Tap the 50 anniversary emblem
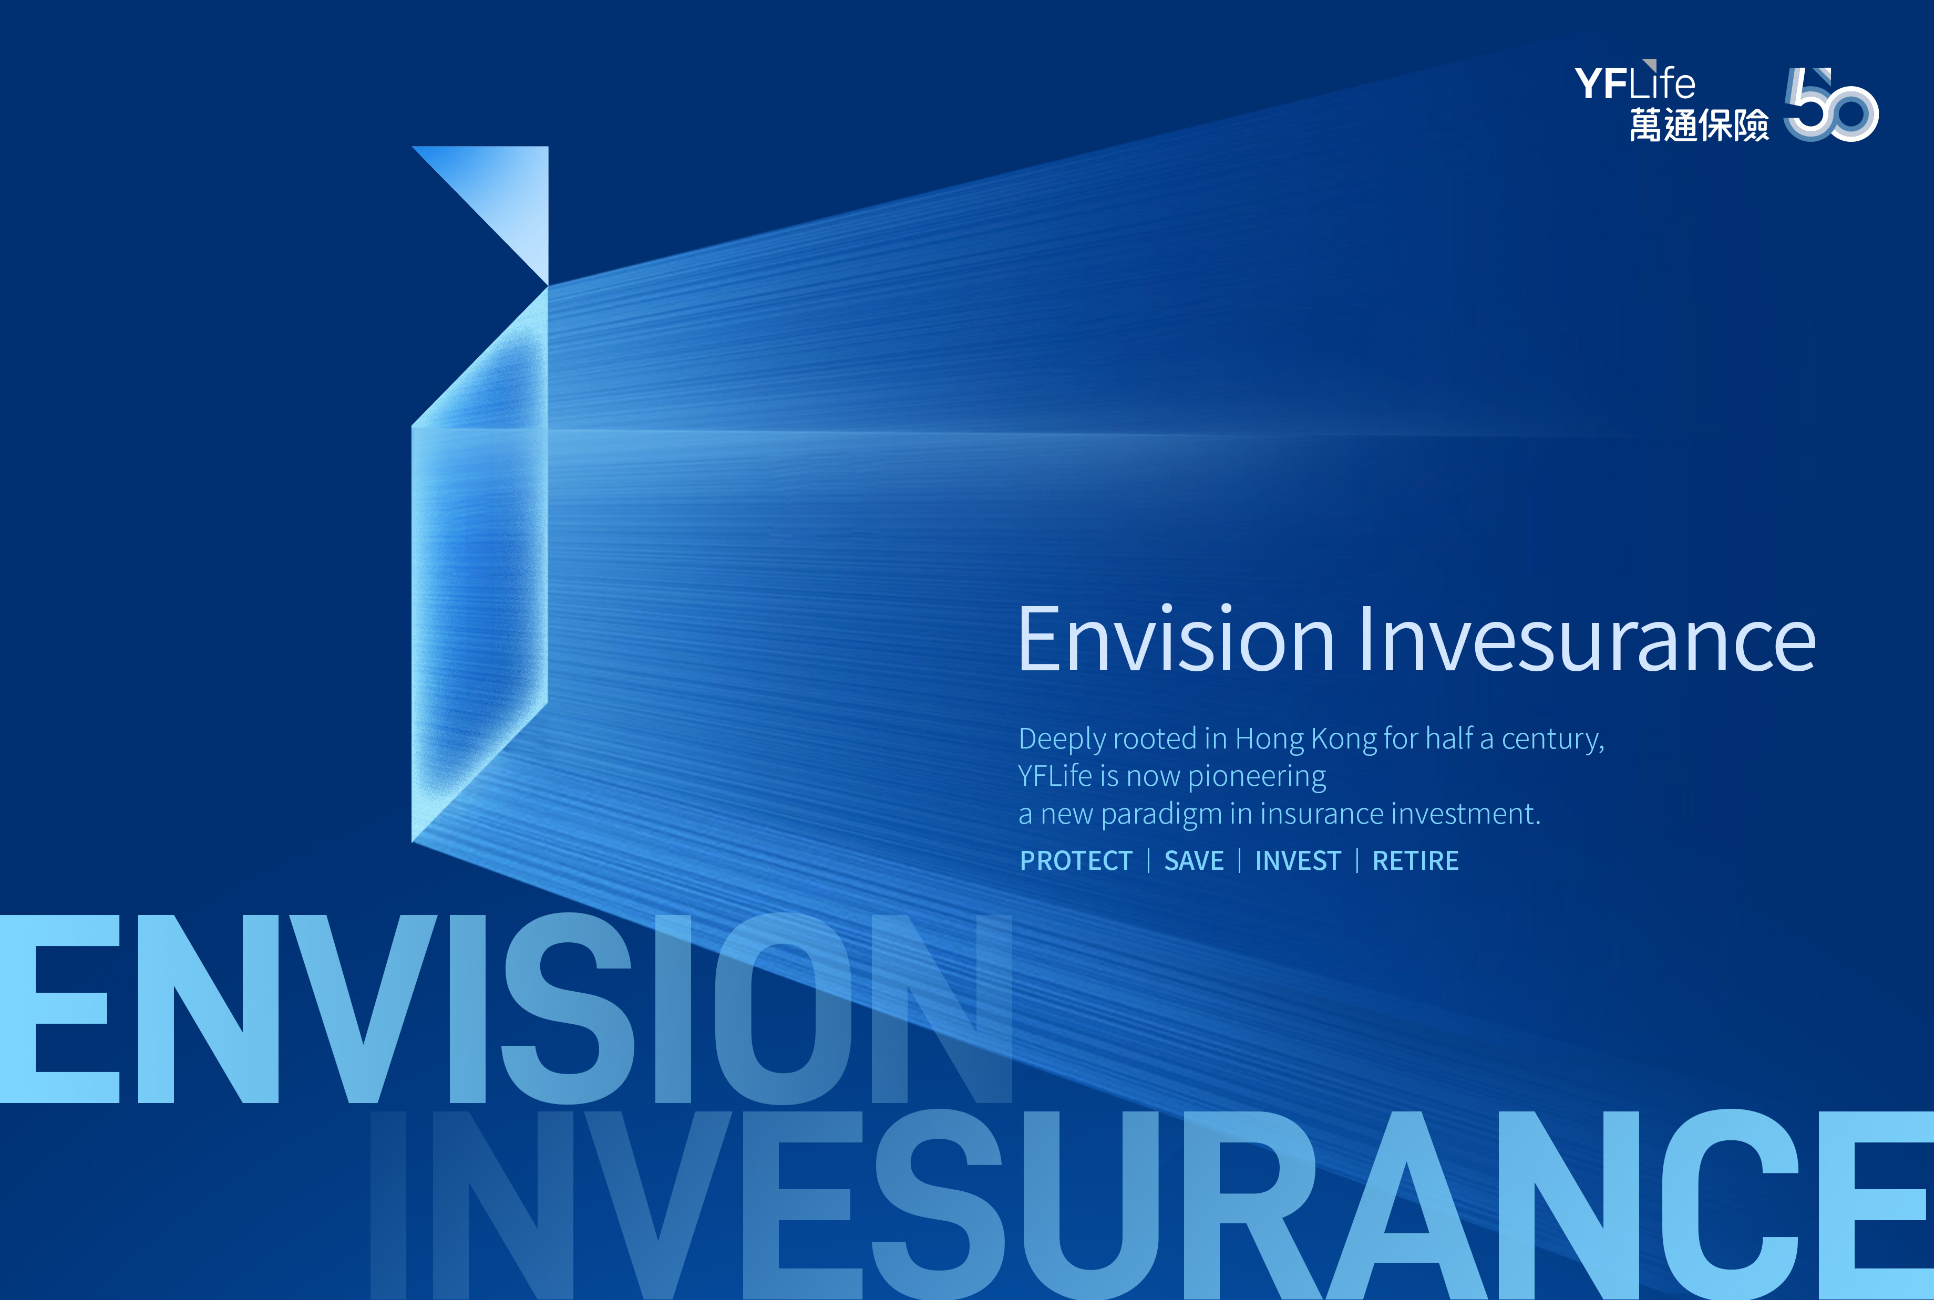(1831, 105)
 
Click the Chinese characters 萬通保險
(1699, 125)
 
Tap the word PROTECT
(1076, 860)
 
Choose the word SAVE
(1194, 860)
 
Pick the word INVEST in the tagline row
(1298, 860)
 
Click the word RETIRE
(1415, 860)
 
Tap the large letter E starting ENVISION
(60, 1009)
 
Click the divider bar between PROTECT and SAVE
(1149, 860)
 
